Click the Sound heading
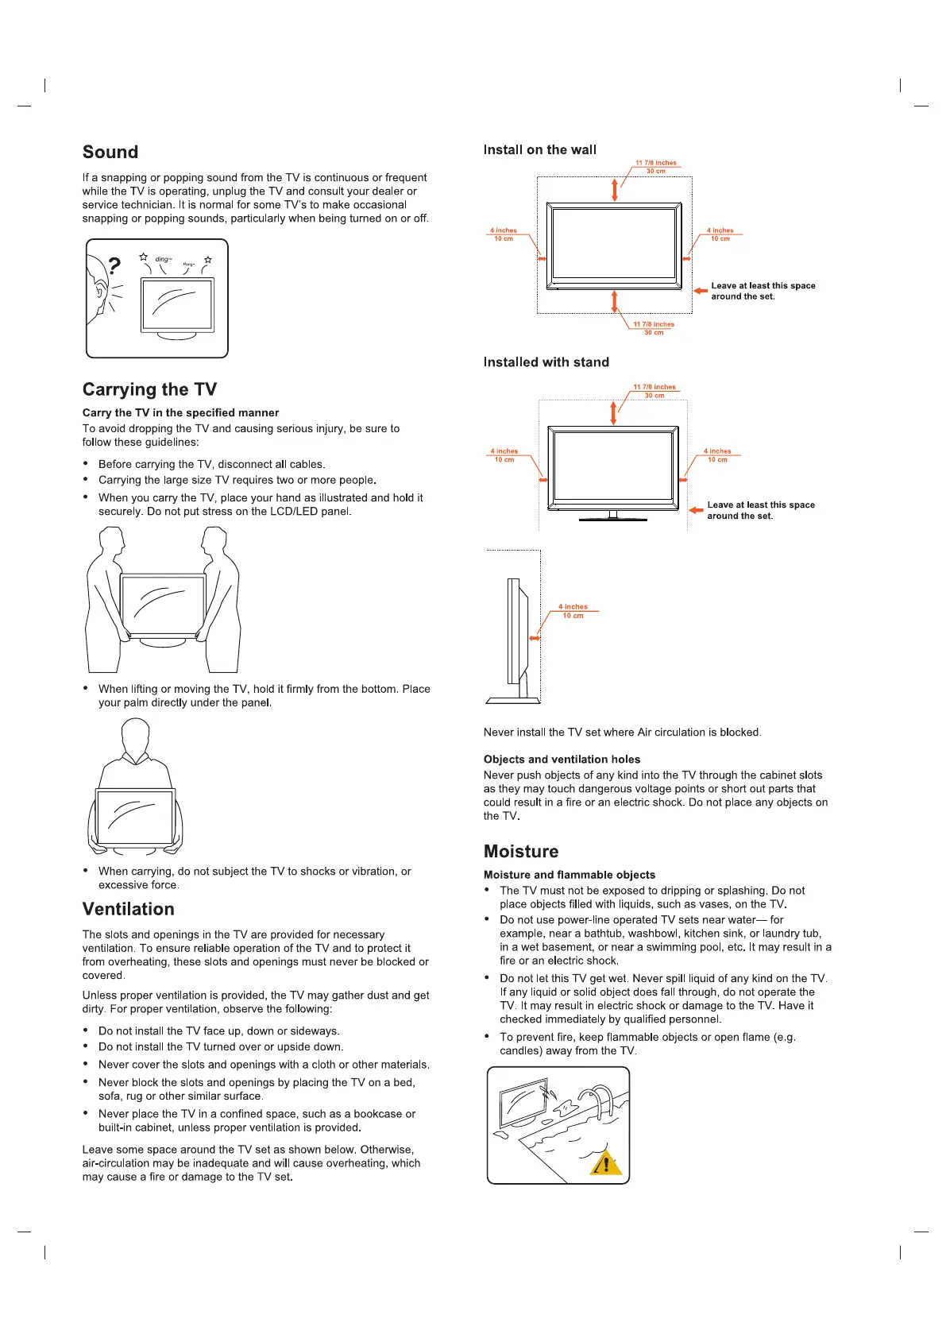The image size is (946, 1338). pyautogui.click(x=110, y=153)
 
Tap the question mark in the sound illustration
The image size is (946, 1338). pyautogui.click(x=115, y=265)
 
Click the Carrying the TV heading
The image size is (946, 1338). pyautogui.click(x=149, y=389)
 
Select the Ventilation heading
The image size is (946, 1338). pyautogui.click(x=128, y=909)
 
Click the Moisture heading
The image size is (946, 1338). pyautogui.click(x=521, y=852)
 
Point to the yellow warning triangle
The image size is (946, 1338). pyautogui.click(x=606, y=1164)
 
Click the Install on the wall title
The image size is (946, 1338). pyautogui.click(x=539, y=150)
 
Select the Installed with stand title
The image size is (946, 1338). pyautogui.click(x=546, y=362)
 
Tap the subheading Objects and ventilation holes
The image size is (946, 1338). pyautogui.click(x=562, y=760)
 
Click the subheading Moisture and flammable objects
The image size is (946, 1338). pyautogui.click(x=570, y=875)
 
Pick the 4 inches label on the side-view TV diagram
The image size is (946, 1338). pyautogui.click(x=573, y=607)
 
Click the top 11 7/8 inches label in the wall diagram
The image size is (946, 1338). pyautogui.click(x=655, y=163)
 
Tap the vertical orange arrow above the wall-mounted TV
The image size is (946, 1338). pyautogui.click(x=614, y=190)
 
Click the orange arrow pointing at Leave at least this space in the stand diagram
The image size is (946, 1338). pyautogui.click(x=696, y=510)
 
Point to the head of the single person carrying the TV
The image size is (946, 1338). pyautogui.click(x=136, y=735)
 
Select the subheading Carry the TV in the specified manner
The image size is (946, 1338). pyautogui.click(x=180, y=413)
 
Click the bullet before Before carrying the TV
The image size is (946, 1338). pyautogui.click(x=86, y=464)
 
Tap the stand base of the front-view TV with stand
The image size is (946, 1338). pyautogui.click(x=613, y=520)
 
